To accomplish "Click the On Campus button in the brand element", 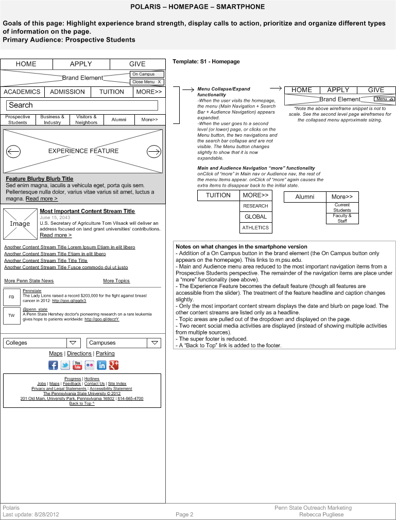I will coord(147,75).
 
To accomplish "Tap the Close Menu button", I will coord(147,82).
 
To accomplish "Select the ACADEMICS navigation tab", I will coord(22,92).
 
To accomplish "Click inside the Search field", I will coord(82,105).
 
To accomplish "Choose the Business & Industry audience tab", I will coord(52,120).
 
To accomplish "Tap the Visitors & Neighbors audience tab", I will coord(86,120).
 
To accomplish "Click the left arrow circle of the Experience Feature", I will coord(13,151).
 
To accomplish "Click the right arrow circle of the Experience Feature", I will coord(153,151).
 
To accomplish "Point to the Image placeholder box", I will coord(20,224).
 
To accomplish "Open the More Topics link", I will coord(116,281).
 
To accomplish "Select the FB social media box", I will coord(11,297).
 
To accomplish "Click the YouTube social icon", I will coord(77,365).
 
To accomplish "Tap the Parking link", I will coord(105,354).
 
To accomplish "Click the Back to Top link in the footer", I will coord(81,404).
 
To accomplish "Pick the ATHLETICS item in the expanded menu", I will coord(256,228).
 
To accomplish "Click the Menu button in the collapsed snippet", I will coord(384,99).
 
